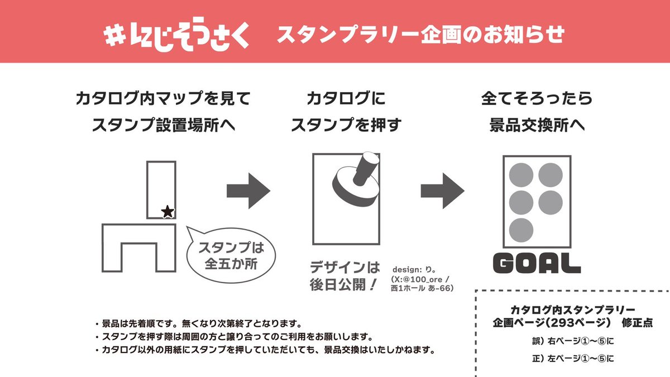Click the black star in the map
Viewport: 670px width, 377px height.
point(167,211)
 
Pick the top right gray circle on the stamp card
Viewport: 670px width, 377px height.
point(550,174)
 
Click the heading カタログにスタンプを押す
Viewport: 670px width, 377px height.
point(346,112)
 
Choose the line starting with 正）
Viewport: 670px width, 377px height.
point(572,358)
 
